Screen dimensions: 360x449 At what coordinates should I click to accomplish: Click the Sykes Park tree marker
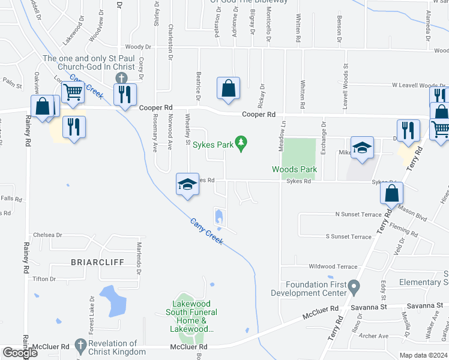[x=241, y=143]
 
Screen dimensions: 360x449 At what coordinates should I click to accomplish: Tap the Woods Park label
[x=294, y=170]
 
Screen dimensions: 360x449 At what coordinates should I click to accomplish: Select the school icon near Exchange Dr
[x=362, y=148]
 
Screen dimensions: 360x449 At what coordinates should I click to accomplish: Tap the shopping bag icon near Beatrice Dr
[x=228, y=88]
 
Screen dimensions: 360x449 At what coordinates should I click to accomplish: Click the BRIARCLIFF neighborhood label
[x=89, y=262]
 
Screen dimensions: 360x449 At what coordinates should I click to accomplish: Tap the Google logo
[x=20, y=353]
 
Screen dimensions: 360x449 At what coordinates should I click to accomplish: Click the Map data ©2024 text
[x=424, y=355]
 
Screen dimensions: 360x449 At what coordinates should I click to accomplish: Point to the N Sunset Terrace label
[x=358, y=214]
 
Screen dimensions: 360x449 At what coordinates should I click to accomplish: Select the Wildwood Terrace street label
[x=333, y=266]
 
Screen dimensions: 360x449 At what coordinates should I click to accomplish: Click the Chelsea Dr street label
[x=48, y=235]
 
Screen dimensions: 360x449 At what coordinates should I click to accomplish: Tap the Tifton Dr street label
[x=44, y=279]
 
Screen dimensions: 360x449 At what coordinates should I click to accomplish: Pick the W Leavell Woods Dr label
[x=418, y=86]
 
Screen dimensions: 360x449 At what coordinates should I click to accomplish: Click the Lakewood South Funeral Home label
[x=191, y=312]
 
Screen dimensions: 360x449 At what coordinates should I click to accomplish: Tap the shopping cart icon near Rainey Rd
[x=73, y=93]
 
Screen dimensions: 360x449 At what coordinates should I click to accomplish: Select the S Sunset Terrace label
[x=348, y=236]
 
